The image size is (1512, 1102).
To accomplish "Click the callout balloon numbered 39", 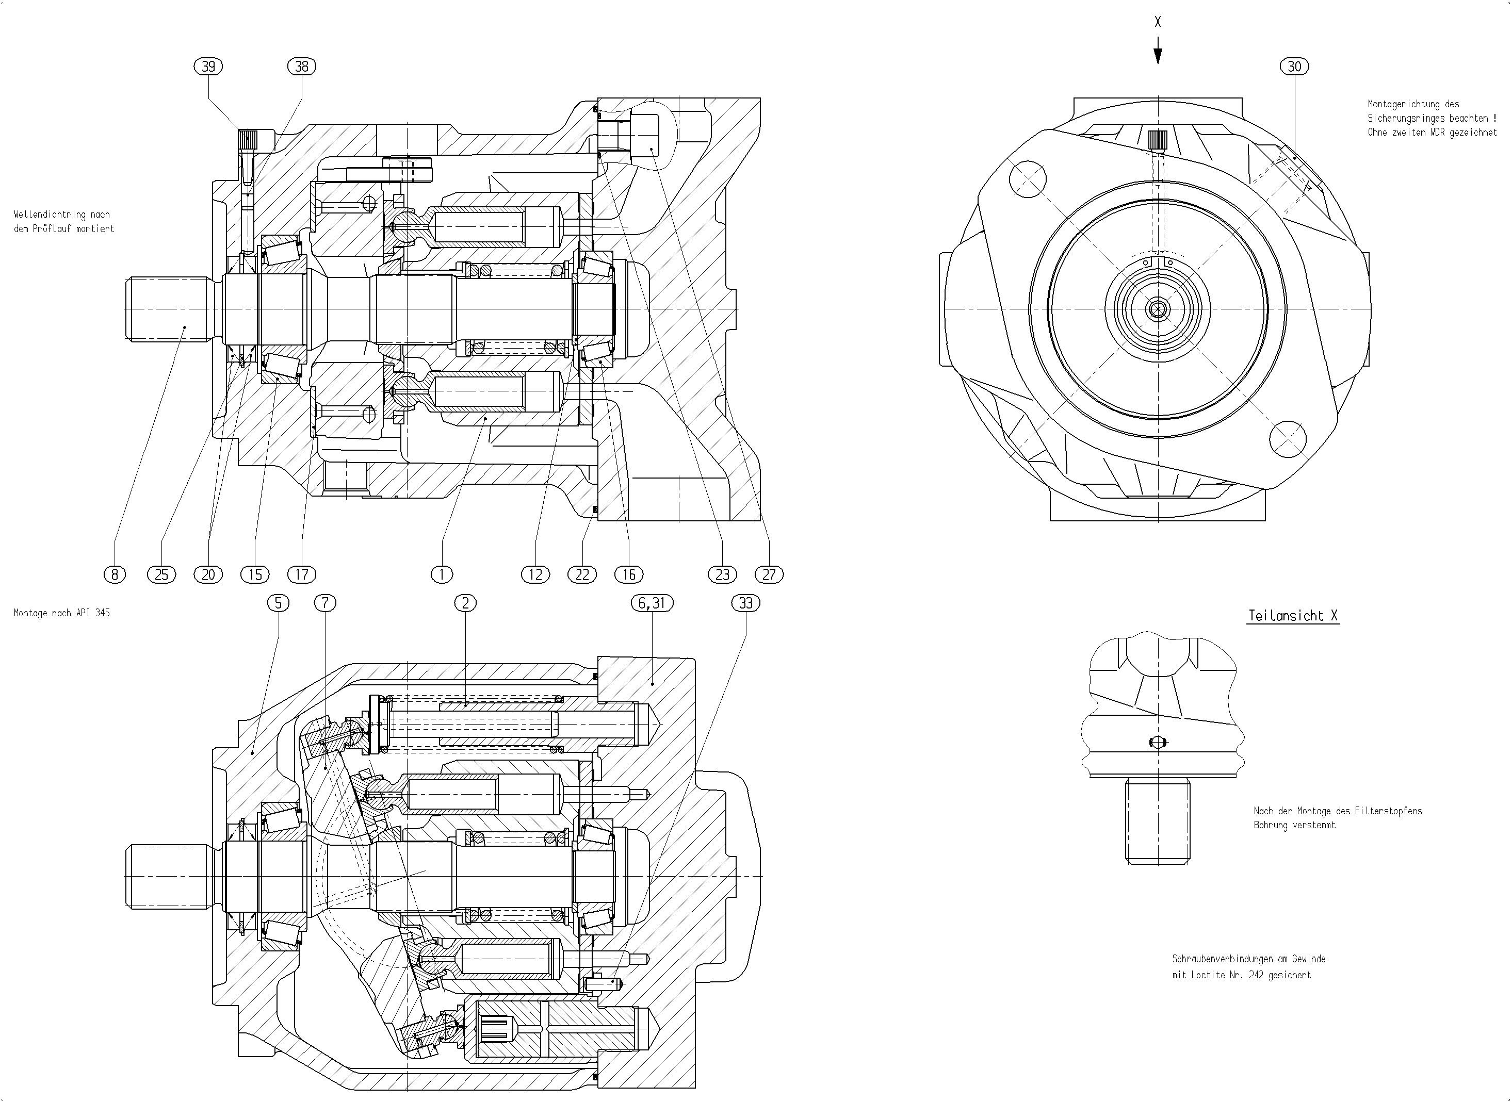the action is (208, 66).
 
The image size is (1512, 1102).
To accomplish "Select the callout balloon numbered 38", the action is (302, 66).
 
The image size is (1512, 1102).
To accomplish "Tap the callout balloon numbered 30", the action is (1294, 66).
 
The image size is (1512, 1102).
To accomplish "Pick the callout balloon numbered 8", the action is (115, 574).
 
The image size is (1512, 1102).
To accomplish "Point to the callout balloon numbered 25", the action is (161, 574).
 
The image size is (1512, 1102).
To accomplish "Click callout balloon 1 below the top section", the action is (442, 574).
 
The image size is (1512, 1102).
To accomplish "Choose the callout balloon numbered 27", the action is (769, 574).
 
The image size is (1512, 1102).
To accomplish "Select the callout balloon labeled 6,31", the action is (652, 603).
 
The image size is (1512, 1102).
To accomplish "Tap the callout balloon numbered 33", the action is (746, 603).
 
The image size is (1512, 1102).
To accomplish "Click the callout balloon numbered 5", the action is (278, 603).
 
